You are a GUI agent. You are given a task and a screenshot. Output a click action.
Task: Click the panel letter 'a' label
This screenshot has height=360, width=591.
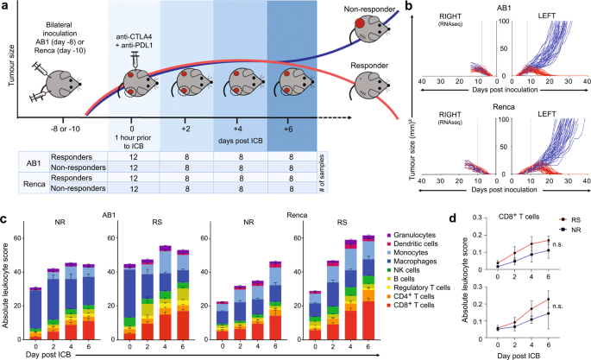click(6, 7)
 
